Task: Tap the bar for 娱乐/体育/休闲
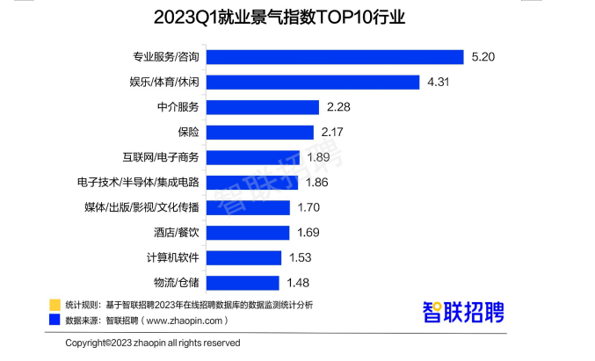coord(313,82)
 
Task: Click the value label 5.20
coord(484,56)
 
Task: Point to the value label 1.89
coord(318,157)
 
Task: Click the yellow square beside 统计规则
coord(54,304)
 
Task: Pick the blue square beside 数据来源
coord(54,320)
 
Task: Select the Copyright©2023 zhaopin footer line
coord(153,343)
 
